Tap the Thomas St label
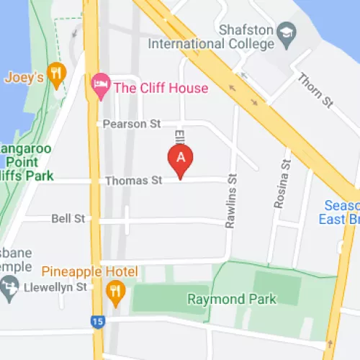[x=133, y=180]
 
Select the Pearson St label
[x=131, y=124]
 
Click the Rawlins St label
[x=231, y=201]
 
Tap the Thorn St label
[x=315, y=91]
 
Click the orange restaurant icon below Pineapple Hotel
[x=114, y=291]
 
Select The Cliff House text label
[x=161, y=88]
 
